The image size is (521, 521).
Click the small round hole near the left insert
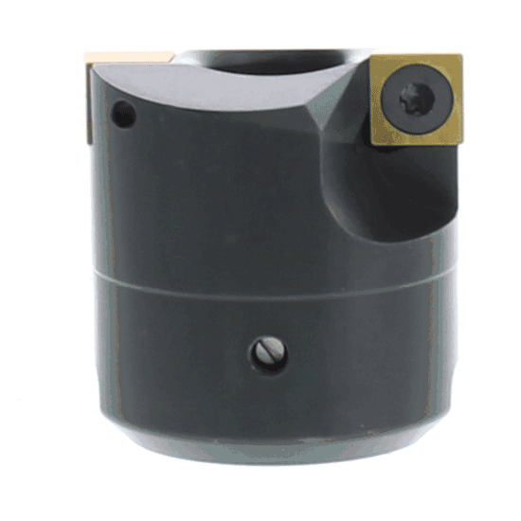pyautogui.click(x=124, y=117)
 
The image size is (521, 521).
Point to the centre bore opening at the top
pyautogui.click(x=275, y=63)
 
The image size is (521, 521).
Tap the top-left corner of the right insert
pyautogui.click(x=371, y=60)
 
